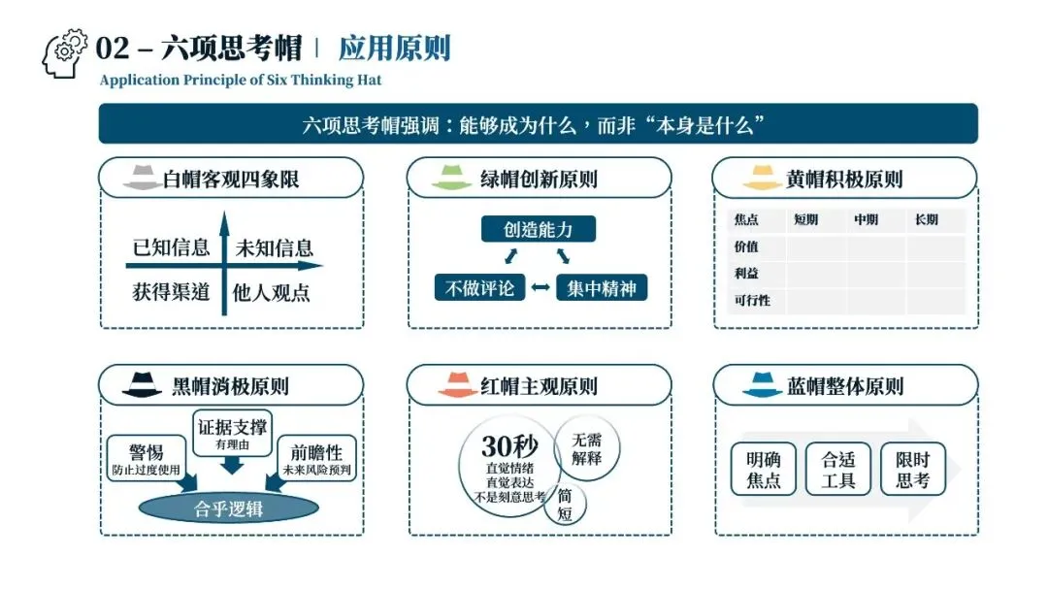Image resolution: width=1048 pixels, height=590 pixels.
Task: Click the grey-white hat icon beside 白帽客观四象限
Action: tap(142, 179)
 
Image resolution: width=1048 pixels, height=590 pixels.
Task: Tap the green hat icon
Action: tap(451, 179)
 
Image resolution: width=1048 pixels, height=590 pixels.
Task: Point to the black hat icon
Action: tap(142, 385)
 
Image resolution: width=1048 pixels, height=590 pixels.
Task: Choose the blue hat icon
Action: tap(763, 385)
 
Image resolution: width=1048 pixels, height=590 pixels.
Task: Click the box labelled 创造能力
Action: tap(539, 229)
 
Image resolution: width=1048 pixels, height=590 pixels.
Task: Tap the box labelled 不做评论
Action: tap(479, 288)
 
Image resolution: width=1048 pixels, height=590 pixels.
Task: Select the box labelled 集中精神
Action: tap(602, 288)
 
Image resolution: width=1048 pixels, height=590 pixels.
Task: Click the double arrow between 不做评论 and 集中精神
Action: tap(540, 288)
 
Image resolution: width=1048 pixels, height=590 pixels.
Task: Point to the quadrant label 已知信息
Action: tap(172, 247)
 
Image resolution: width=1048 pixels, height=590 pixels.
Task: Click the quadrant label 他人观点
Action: tap(272, 292)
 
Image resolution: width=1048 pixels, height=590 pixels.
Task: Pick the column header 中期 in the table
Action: tap(866, 220)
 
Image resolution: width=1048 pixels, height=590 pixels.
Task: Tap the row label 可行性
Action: tap(753, 301)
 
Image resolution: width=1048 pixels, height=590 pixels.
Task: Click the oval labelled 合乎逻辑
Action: tap(229, 508)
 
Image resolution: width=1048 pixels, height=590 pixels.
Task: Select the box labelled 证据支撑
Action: tap(232, 432)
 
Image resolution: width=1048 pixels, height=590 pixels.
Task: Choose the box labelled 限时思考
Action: tap(912, 470)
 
